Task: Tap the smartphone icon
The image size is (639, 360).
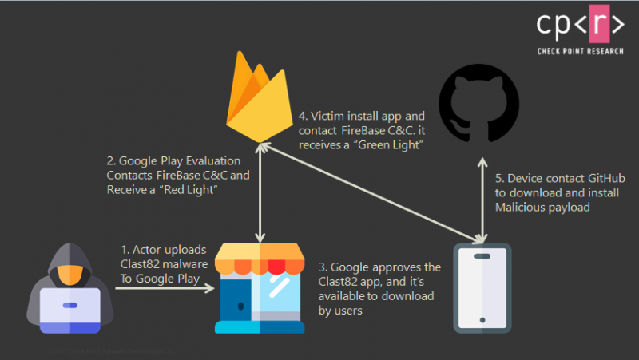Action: pyautogui.click(x=484, y=288)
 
